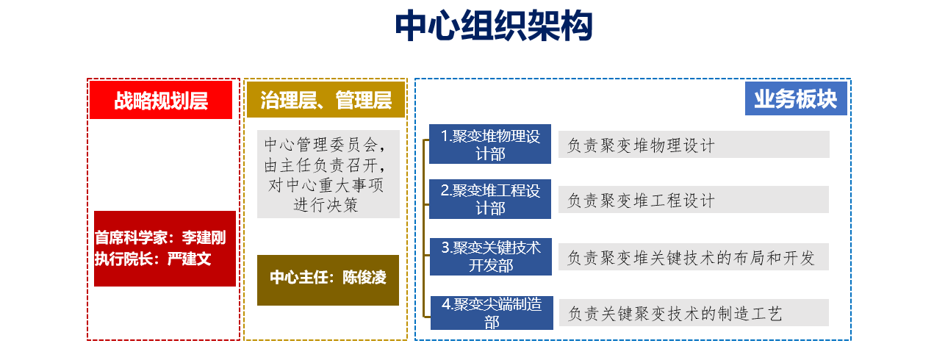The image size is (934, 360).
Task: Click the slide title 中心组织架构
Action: [494, 28]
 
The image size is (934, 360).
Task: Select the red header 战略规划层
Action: [161, 101]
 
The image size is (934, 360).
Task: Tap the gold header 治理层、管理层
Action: [326, 101]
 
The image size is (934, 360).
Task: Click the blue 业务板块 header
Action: [795, 98]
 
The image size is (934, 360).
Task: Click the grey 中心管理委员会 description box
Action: [328, 174]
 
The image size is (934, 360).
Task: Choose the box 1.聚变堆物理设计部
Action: [490, 145]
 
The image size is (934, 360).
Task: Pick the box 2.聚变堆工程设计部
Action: [490, 200]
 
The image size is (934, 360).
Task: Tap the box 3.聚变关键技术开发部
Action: [490, 256]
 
